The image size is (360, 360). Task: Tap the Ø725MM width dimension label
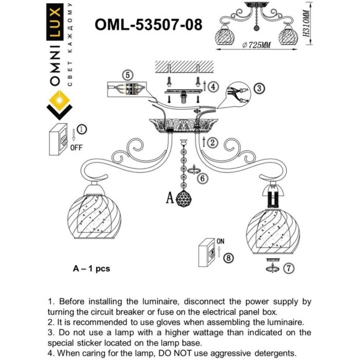257,45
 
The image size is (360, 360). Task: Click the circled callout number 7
288,269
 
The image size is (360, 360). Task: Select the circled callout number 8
228,258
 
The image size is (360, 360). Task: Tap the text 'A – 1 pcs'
91,269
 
